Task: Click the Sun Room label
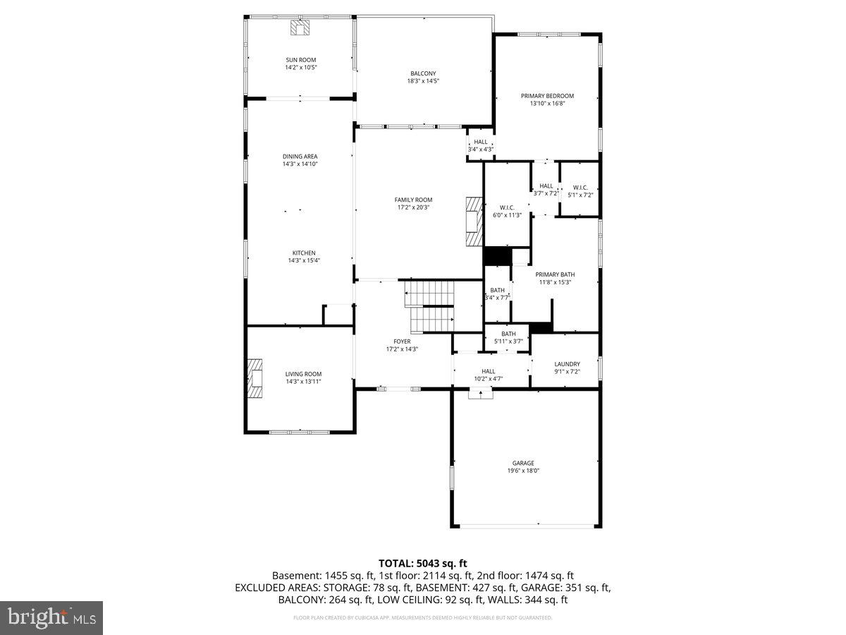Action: tap(301, 60)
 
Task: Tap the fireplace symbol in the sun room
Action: tap(300, 28)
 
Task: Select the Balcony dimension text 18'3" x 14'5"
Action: tap(423, 81)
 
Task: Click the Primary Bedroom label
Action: tap(547, 96)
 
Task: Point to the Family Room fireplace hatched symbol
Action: tap(471, 221)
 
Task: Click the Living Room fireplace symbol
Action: tap(254, 380)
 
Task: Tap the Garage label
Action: tap(523, 464)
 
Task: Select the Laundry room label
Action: tap(567, 364)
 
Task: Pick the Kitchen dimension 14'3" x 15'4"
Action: tap(305, 261)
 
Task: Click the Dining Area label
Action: tap(300, 156)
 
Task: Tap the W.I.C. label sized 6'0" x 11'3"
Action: tap(507, 207)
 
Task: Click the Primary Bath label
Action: tap(555, 274)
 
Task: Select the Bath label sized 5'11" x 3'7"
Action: tap(508, 334)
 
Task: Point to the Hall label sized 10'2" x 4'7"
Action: tap(489, 371)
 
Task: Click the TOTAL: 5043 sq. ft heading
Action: tap(423, 563)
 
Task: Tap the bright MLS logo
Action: tap(51, 617)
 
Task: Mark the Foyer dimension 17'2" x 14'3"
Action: tap(403, 349)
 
